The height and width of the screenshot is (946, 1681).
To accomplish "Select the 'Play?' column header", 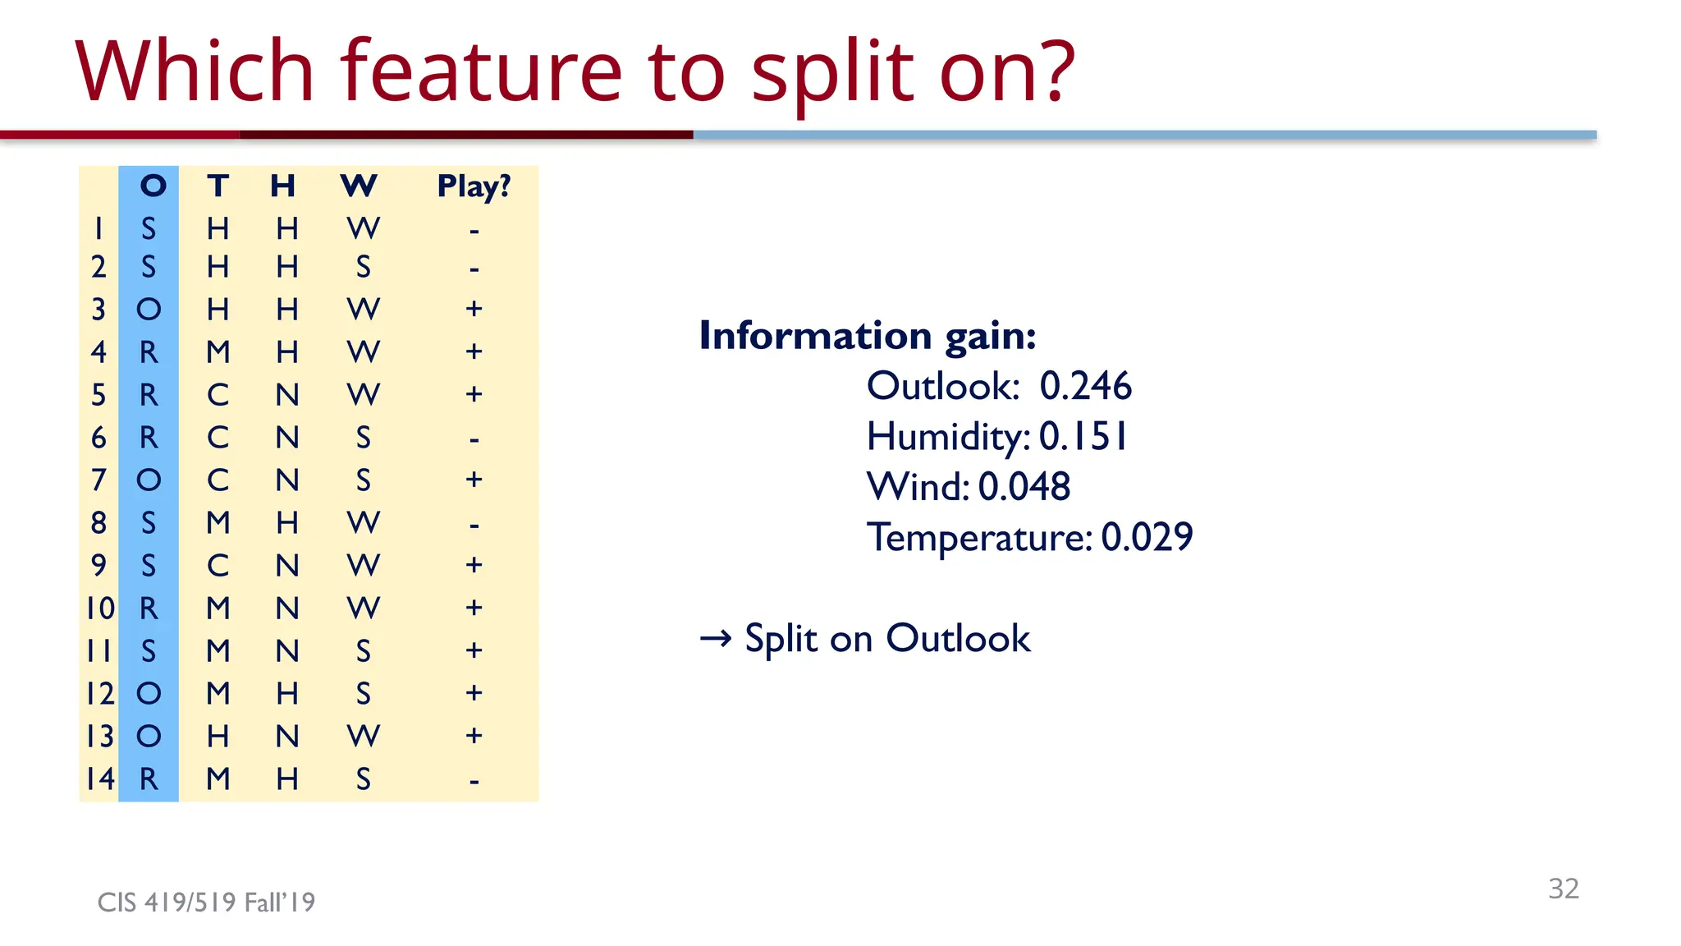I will pyautogui.click(x=474, y=186).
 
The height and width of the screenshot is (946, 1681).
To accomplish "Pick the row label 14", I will pyautogui.click(x=100, y=778).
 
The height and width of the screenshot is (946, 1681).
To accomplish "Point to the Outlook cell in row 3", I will pyautogui.click(x=149, y=310).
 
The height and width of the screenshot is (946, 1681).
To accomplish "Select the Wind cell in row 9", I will pyautogui.click(x=363, y=565).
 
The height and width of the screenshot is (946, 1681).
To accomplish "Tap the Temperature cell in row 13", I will pyautogui.click(x=218, y=736).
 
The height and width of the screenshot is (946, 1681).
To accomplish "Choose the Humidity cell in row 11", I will pyautogui.click(x=286, y=650).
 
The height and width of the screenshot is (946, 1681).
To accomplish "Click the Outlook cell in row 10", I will pyautogui.click(x=149, y=608).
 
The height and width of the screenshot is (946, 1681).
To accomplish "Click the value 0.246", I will pyautogui.click(x=1085, y=386).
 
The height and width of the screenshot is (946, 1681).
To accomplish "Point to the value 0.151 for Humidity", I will pyautogui.click(x=1083, y=436).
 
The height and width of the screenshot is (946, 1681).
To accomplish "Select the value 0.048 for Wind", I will pyautogui.click(x=1024, y=487).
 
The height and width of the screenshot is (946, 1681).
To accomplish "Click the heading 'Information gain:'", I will pyautogui.click(x=867, y=336).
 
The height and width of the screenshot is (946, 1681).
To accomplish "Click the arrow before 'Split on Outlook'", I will pyautogui.click(x=716, y=638).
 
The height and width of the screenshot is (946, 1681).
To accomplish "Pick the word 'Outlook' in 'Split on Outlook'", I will pyautogui.click(x=957, y=638).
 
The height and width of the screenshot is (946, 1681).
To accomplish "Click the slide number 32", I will pyautogui.click(x=1563, y=889).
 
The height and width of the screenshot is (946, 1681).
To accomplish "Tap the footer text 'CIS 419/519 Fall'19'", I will pyautogui.click(x=206, y=902).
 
